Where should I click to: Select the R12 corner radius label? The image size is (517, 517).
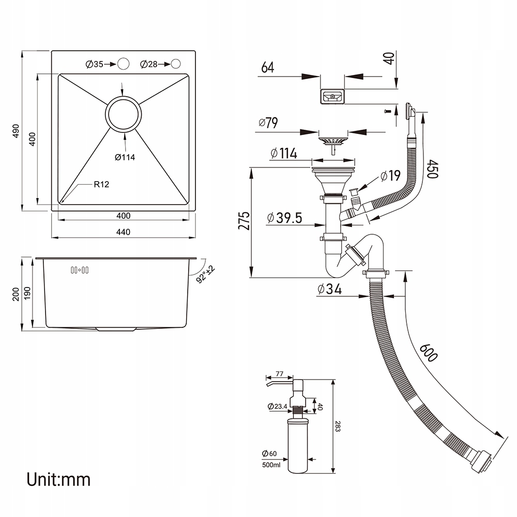point(101,185)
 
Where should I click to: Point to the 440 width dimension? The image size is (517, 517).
point(124,232)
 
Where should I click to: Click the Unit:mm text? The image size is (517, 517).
point(58,479)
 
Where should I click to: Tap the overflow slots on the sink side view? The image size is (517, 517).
point(80,270)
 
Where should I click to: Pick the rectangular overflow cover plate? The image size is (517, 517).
point(332,97)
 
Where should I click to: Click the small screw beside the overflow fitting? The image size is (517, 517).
point(388,112)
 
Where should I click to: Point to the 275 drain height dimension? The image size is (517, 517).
point(245,221)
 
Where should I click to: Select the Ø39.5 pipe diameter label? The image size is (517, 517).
point(284,218)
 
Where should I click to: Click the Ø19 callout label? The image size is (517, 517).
point(390,176)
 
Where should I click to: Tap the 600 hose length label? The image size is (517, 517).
point(429,353)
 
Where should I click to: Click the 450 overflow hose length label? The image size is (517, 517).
point(433,169)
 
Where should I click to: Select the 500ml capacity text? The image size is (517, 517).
point(271,465)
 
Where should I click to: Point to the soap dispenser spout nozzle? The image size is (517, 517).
point(279,384)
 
